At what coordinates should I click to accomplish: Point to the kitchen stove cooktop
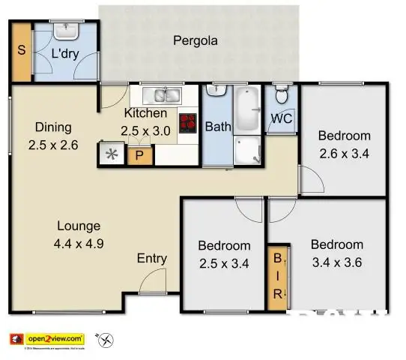pyautogui.click(x=187, y=122)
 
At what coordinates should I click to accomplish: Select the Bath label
pyautogui.click(x=218, y=127)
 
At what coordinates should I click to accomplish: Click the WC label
pyautogui.click(x=281, y=119)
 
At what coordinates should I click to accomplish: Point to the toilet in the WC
pyautogui.click(x=281, y=95)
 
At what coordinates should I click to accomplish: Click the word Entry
pyautogui.click(x=151, y=259)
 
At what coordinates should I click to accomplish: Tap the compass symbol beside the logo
pyautogui.click(x=111, y=340)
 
